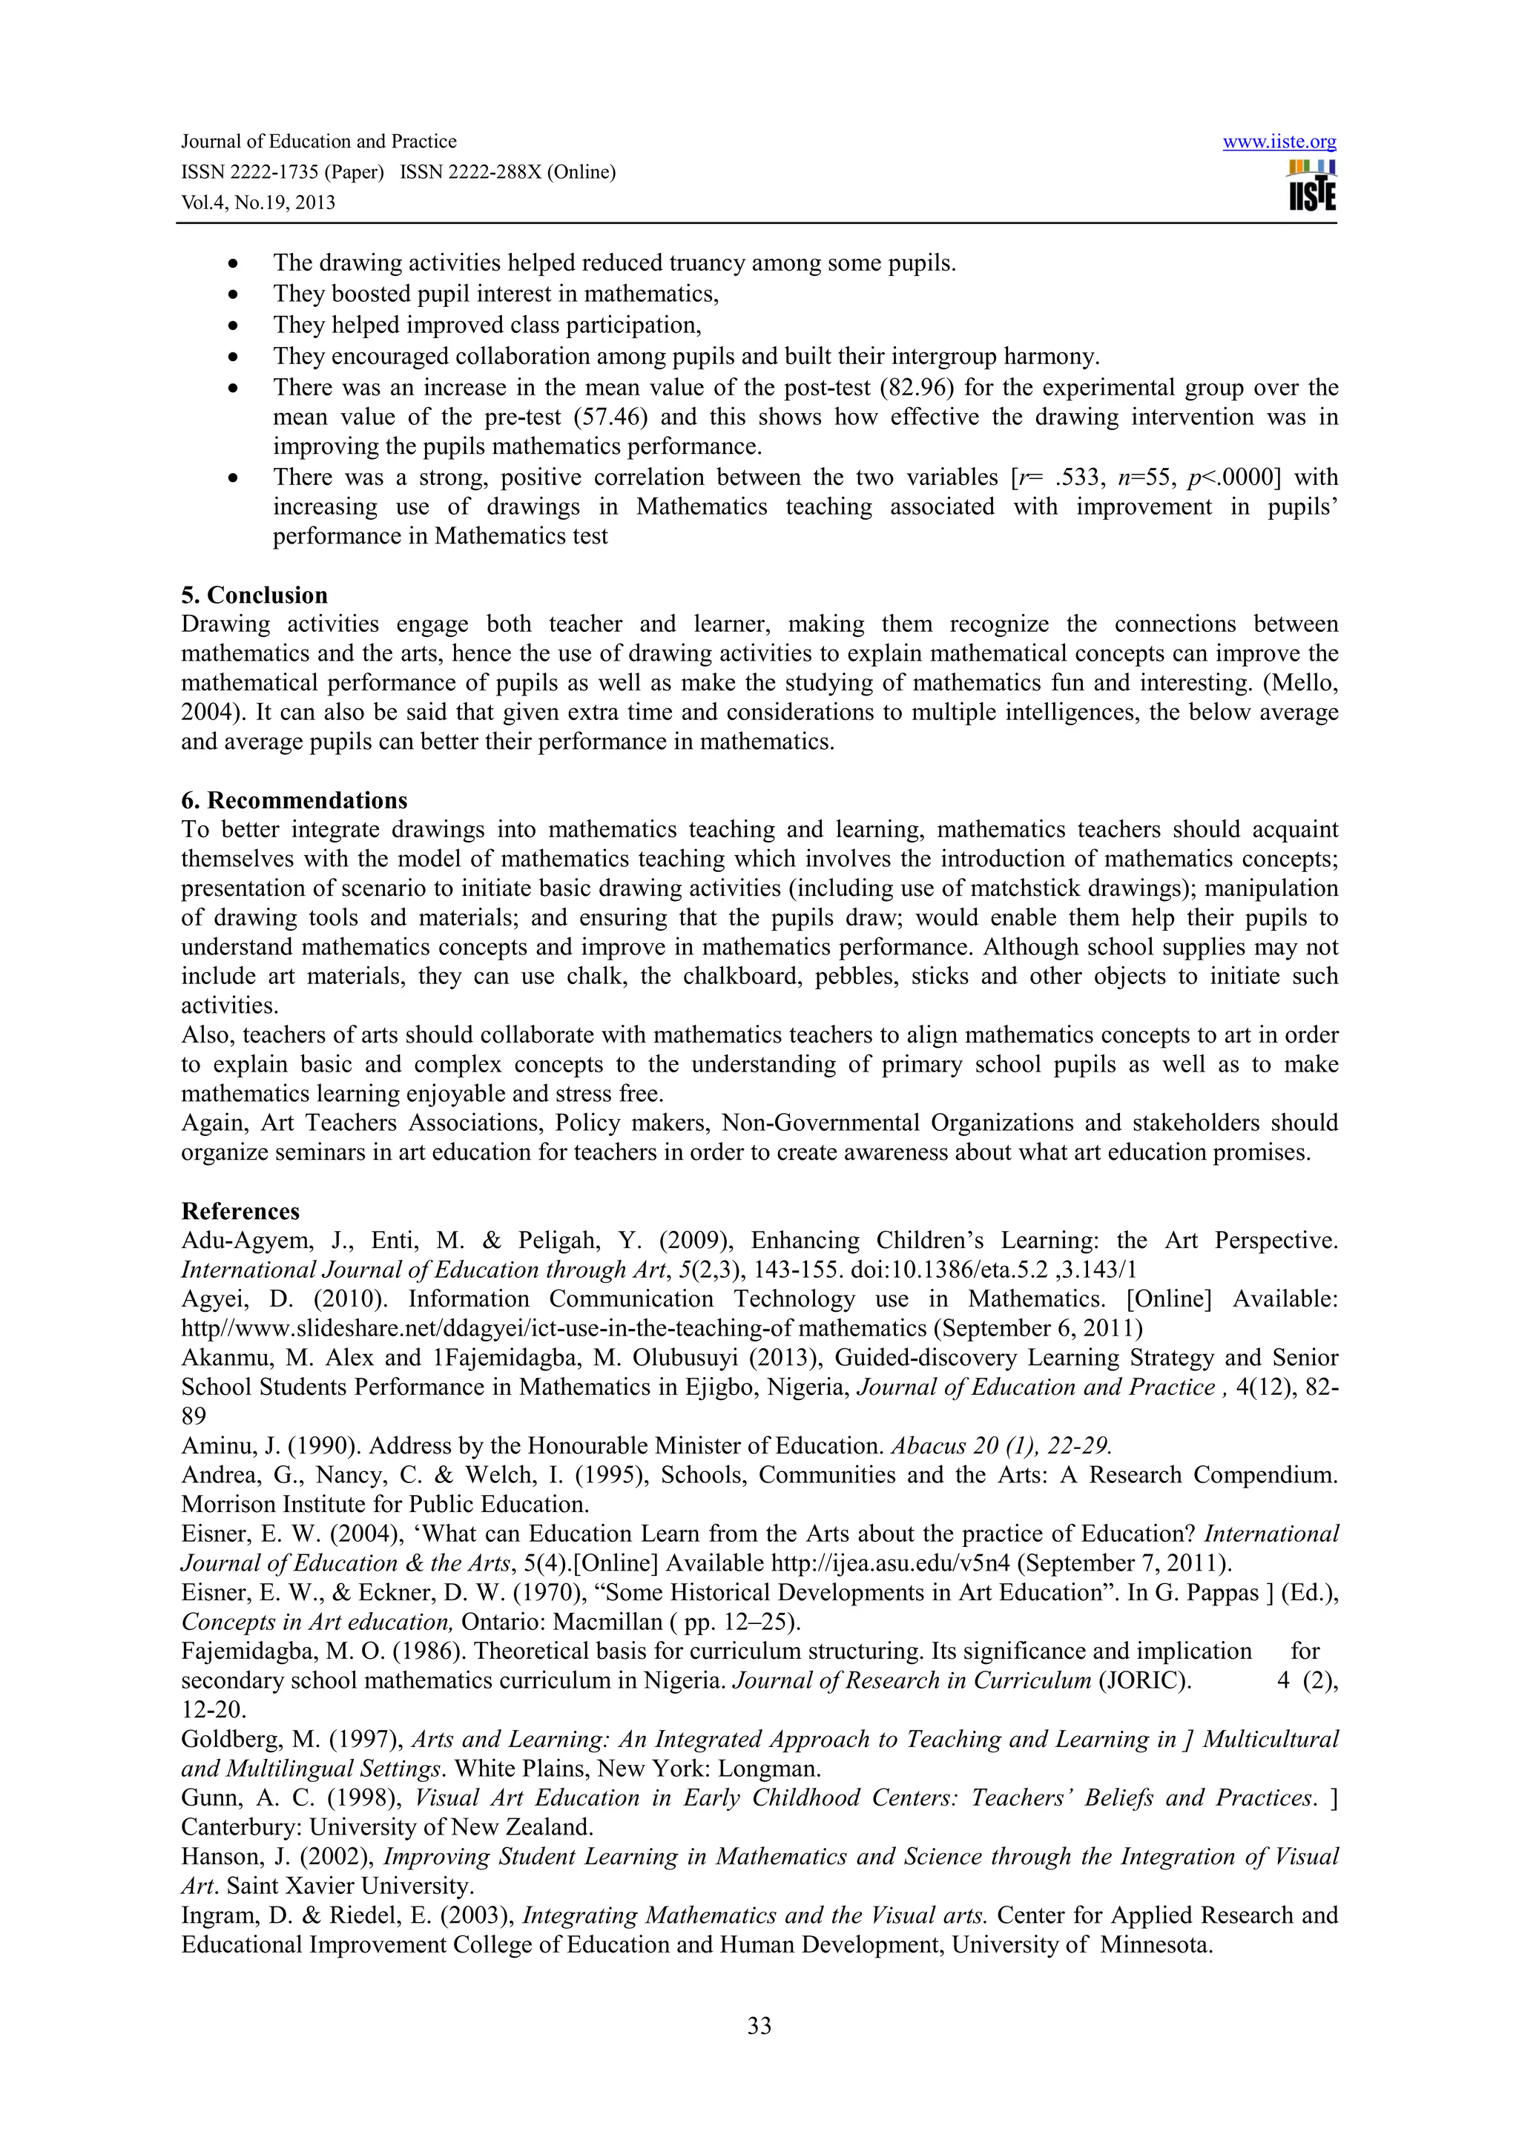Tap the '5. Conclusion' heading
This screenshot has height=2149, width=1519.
click(254, 595)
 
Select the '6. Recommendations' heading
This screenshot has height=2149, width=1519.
click(294, 800)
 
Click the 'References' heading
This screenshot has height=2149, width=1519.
click(240, 1211)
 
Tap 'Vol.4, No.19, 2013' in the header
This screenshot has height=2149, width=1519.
click(257, 203)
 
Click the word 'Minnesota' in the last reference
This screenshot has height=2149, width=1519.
click(1155, 1944)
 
